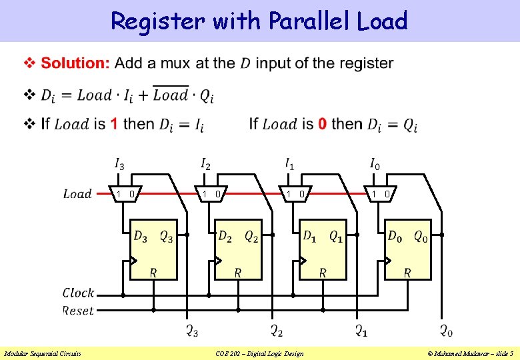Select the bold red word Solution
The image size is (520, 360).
pos(75,63)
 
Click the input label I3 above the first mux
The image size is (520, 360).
pos(119,163)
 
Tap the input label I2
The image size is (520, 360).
pos(205,163)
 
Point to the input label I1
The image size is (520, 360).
pos(290,163)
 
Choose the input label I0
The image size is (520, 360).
pos(376,163)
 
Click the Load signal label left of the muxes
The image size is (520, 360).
pos(77,194)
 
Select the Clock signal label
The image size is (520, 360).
pos(78,293)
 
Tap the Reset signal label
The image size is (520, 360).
pos(78,311)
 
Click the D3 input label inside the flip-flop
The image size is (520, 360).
pos(141,236)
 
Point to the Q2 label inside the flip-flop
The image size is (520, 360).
pos(251,236)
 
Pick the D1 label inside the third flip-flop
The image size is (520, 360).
pos(310,236)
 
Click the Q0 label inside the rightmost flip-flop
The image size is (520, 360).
pos(421,236)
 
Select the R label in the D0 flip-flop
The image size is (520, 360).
pos(407,273)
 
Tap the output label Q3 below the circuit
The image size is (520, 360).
pos(191,331)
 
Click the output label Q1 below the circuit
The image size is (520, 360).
pos(361,331)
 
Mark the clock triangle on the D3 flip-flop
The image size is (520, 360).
pos(133,261)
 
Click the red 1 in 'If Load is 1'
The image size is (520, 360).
pos(114,124)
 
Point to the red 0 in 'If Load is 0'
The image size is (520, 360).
pos(323,124)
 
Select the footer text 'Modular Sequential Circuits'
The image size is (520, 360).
pos(43,353)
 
